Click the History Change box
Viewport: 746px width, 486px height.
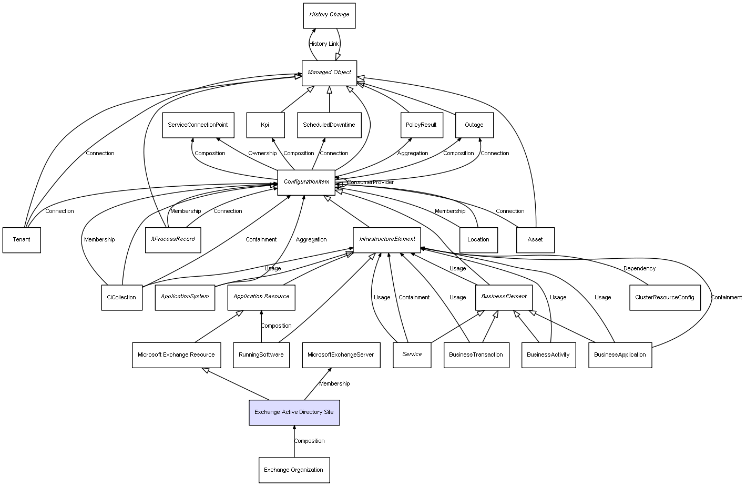click(x=329, y=15)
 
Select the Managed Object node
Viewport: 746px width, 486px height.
click(x=329, y=73)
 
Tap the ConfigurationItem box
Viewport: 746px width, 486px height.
click(x=306, y=182)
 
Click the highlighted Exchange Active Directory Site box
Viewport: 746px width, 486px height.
click(x=294, y=412)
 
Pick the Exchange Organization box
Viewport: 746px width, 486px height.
click(x=294, y=470)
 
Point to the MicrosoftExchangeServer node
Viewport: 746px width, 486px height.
click(x=341, y=355)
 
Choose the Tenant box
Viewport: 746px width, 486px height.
click(x=22, y=240)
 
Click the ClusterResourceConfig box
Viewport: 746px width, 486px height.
click(x=665, y=298)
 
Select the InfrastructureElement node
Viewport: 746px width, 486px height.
click(x=387, y=239)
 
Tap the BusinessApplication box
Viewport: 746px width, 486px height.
click(x=620, y=355)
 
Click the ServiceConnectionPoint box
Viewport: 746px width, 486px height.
click(x=198, y=125)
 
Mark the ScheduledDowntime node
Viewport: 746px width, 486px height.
click(x=329, y=125)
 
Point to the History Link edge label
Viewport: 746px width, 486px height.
click(x=324, y=44)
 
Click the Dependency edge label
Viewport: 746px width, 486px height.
click(x=639, y=269)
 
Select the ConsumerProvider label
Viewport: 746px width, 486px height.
click(x=370, y=183)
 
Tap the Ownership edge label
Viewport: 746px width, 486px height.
click(x=262, y=154)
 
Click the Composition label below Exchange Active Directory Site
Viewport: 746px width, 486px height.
click(x=309, y=441)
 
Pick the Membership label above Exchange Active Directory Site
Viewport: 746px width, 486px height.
click(x=334, y=384)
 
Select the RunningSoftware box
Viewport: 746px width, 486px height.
click(x=261, y=355)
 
